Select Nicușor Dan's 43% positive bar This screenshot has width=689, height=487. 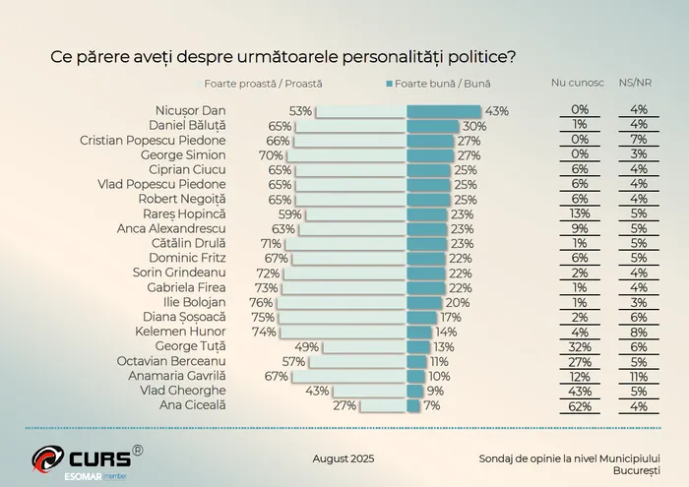[x=444, y=111]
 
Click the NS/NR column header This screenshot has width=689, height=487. [x=638, y=85]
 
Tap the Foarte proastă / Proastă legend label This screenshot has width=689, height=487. [x=263, y=85]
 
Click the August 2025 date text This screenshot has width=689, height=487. [x=344, y=458]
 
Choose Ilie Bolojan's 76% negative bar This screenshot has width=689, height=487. [x=341, y=302]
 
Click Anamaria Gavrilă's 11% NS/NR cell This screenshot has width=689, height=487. [x=638, y=376]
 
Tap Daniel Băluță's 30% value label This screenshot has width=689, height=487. [x=474, y=126]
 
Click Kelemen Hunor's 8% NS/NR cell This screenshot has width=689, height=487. [x=638, y=332]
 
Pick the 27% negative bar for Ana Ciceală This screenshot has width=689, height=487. [x=383, y=405]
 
